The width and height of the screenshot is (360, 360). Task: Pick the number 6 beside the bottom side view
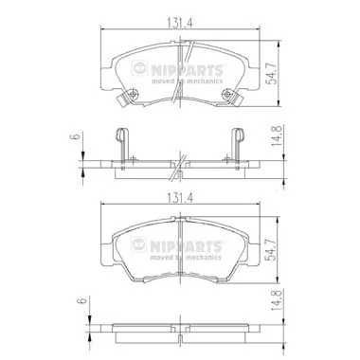pos(81,304)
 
